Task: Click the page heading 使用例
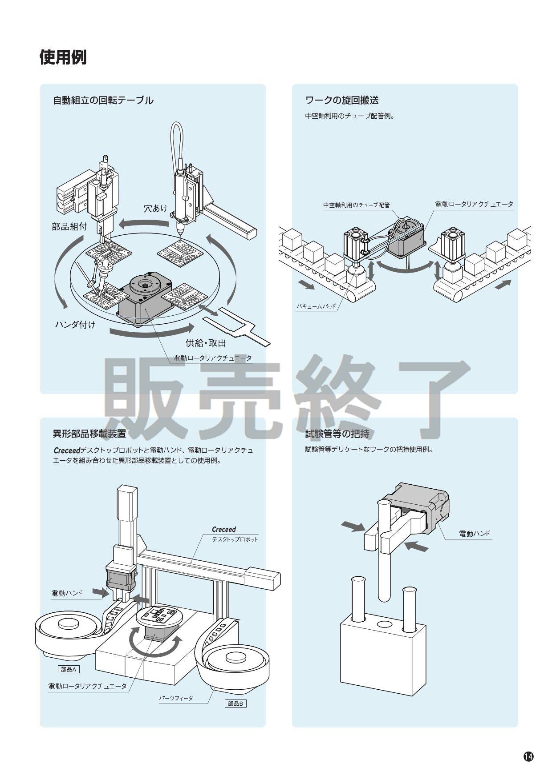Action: [x=63, y=57]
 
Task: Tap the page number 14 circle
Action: [x=528, y=756]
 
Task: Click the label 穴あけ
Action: [x=155, y=208]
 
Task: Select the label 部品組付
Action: [x=69, y=226]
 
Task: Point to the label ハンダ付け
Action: [x=75, y=324]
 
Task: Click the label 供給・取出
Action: [x=205, y=343]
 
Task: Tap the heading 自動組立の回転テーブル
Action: [x=103, y=101]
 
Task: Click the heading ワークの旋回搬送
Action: [x=342, y=100]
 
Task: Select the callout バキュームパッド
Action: [x=316, y=306]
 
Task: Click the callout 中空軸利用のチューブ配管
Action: [x=356, y=205]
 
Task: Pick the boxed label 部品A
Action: [x=69, y=669]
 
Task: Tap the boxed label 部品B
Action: [x=235, y=704]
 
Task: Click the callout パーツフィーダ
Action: [x=176, y=698]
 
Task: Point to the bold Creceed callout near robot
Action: [x=223, y=530]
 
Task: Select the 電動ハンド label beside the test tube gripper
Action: [x=474, y=534]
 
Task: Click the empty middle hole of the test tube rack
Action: [x=383, y=625]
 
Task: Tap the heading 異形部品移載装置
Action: [x=89, y=434]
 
